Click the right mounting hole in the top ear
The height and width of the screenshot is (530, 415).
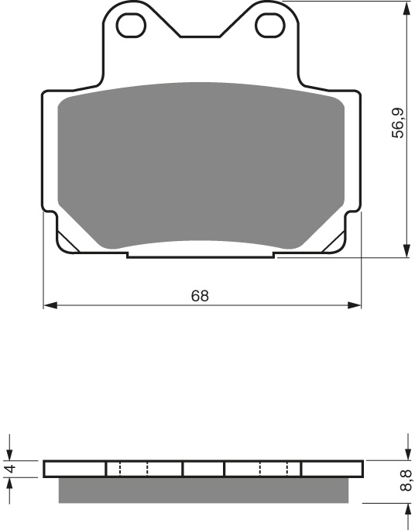[x=271, y=24]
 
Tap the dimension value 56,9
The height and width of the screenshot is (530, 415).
[x=397, y=124]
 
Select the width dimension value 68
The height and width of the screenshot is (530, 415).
[x=200, y=295]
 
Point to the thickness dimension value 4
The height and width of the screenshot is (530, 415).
[x=10, y=469]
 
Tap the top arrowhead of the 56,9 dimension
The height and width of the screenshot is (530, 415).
[x=406, y=9]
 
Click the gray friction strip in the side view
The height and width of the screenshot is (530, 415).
[x=203, y=488]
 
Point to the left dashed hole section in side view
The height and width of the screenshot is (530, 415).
[x=133, y=469]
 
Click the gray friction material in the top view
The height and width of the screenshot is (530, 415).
[x=201, y=163]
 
